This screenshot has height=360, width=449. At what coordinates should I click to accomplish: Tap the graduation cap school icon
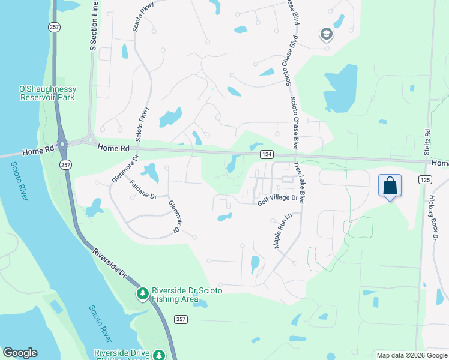click(x=327, y=34)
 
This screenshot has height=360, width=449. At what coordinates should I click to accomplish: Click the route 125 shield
click(x=425, y=180)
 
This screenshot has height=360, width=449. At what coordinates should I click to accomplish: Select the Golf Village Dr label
click(x=278, y=199)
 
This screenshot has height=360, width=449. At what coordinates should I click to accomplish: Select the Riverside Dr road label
click(x=110, y=263)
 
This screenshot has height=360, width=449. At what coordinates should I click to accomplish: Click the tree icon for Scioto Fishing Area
click(x=143, y=293)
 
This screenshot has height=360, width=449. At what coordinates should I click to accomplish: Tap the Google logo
click(x=20, y=353)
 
